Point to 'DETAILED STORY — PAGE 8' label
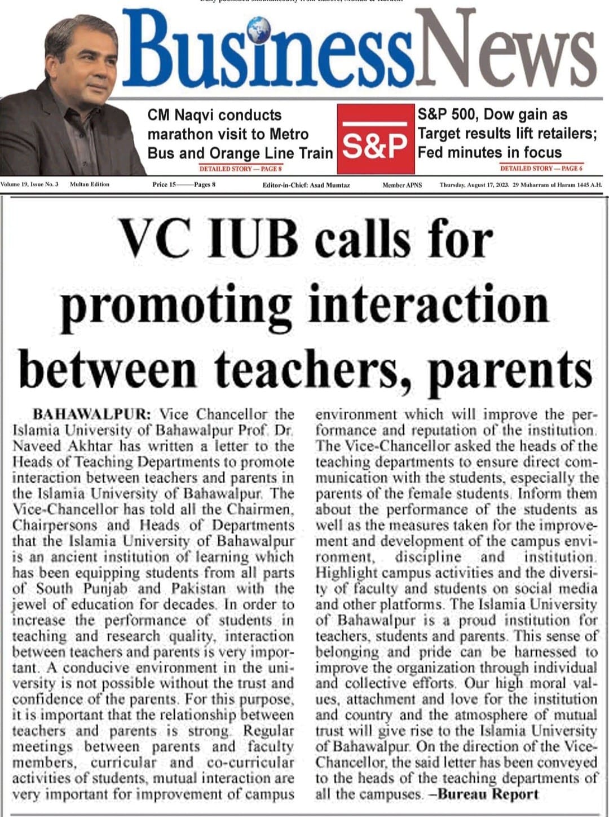240,169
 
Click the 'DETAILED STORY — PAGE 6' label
541,168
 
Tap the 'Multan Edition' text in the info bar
90,184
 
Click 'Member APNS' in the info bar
401,185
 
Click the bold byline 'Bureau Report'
488,794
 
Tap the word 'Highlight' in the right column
346,573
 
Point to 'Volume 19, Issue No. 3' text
29,184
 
